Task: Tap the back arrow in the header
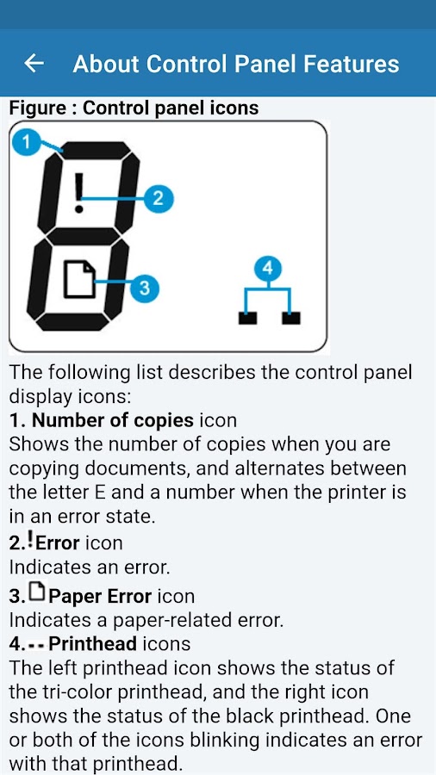point(34,63)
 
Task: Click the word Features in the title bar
point(351,65)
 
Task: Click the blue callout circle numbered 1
point(26,142)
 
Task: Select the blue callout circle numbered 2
point(159,198)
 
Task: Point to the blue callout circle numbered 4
point(268,269)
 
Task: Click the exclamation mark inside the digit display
point(78,193)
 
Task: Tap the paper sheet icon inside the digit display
point(79,279)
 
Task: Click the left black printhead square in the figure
point(247,318)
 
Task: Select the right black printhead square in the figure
point(290,318)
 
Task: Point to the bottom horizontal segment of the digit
point(72,322)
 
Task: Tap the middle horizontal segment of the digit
point(83,236)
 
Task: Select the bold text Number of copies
point(113,420)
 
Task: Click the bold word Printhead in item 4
point(93,643)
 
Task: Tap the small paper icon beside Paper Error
point(36,591)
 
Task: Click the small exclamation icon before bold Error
point(30,539)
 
